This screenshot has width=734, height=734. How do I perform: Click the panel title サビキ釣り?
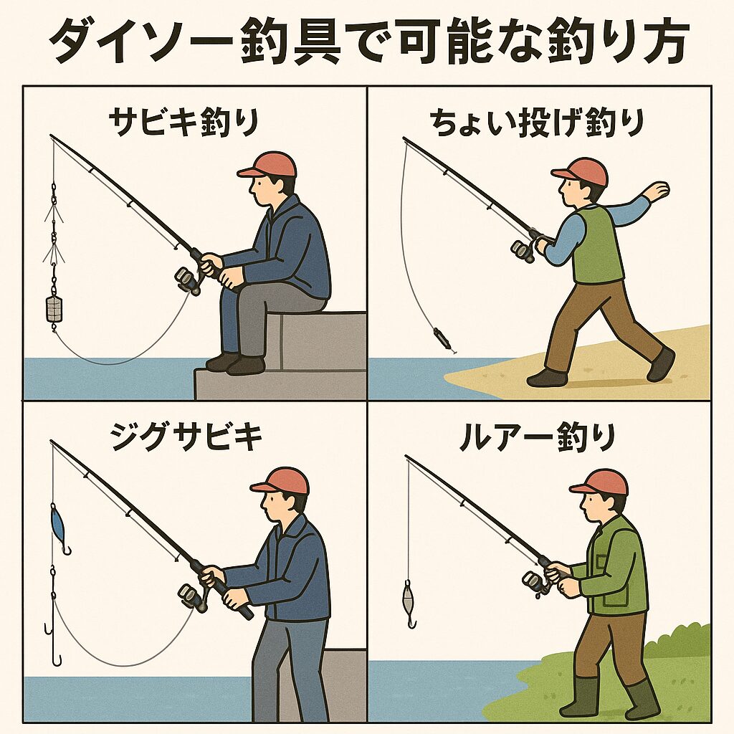click(184, 123)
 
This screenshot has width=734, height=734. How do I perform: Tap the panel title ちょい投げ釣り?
click(537, 123)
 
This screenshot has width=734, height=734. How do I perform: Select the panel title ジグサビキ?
click(186, 436)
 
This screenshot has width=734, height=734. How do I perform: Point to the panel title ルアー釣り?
click(537, 438)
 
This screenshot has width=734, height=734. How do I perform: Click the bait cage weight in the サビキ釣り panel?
click(54, 309)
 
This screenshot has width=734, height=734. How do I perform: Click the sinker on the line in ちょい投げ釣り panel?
click(441, 338)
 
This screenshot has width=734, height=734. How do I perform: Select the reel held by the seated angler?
click(189, 280)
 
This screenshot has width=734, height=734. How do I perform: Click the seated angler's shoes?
click(236, 363)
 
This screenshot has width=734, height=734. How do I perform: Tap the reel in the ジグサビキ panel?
click(193, 597)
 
